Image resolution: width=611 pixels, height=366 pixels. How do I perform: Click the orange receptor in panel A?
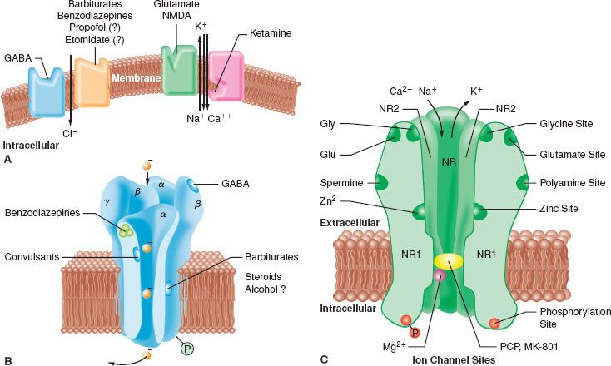(x=92, y=81)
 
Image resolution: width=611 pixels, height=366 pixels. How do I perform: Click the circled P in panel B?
(x=190, y=349)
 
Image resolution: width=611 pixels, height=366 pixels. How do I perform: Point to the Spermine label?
(x=340, y=181)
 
